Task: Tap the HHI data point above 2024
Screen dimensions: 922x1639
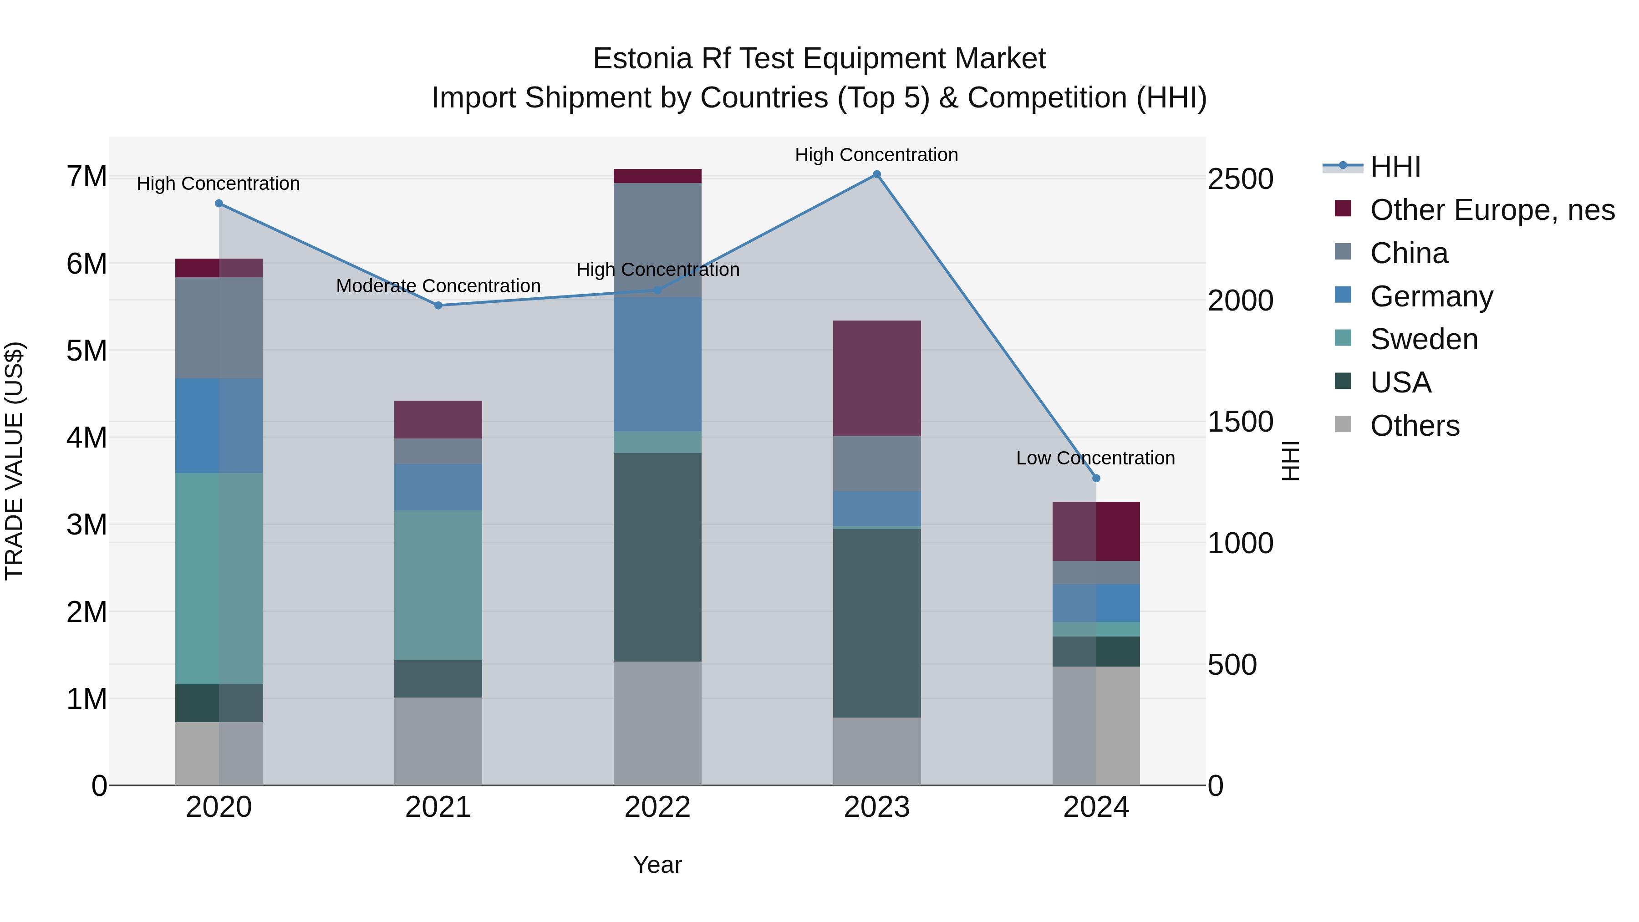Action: click(x=1096, y=479)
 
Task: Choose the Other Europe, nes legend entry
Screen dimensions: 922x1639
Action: click(x=1491, y=210)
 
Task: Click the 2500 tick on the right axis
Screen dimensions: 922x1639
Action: click(x=1240, y=179)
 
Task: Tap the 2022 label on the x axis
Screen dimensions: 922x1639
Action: click(x=657, y=807)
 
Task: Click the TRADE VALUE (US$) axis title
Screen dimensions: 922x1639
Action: click(x=14, y=461)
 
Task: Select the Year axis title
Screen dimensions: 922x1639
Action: click(x=657, y=865)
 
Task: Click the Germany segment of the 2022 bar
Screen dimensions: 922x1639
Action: click(x=657, y=364)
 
